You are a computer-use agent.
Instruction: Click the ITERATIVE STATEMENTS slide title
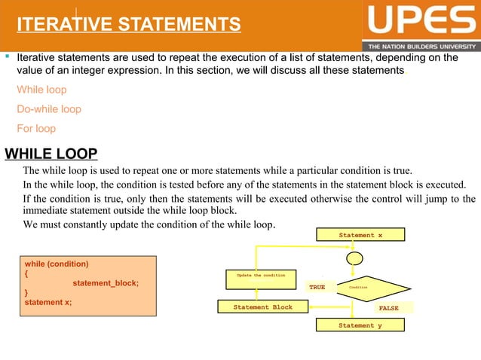pyautogui.click(x=129, y=26)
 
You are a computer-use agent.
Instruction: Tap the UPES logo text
pyautogui.click(x=421, y=21)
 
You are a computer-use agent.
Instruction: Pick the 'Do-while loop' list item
pyautogui.click(x=49, y=109)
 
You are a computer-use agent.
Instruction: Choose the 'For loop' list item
pyautogui.click(x=36, y=129)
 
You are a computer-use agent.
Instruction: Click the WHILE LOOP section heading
pyautogui.click(x=51, y=155)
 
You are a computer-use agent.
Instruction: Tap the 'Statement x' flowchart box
pyautogui.click(x=360, y=236)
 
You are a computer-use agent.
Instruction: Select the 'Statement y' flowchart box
pyautogui.click(x=360, y=325)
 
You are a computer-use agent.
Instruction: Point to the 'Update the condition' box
pyautogui.click(x=261, y=276)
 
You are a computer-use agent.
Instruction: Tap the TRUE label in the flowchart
pyautogui.click(x=317, y=288)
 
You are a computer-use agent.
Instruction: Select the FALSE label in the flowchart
pyautogui.click(x=388, y=308)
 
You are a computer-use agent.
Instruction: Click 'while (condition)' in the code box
pyautogui.click(x=57, y=264)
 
